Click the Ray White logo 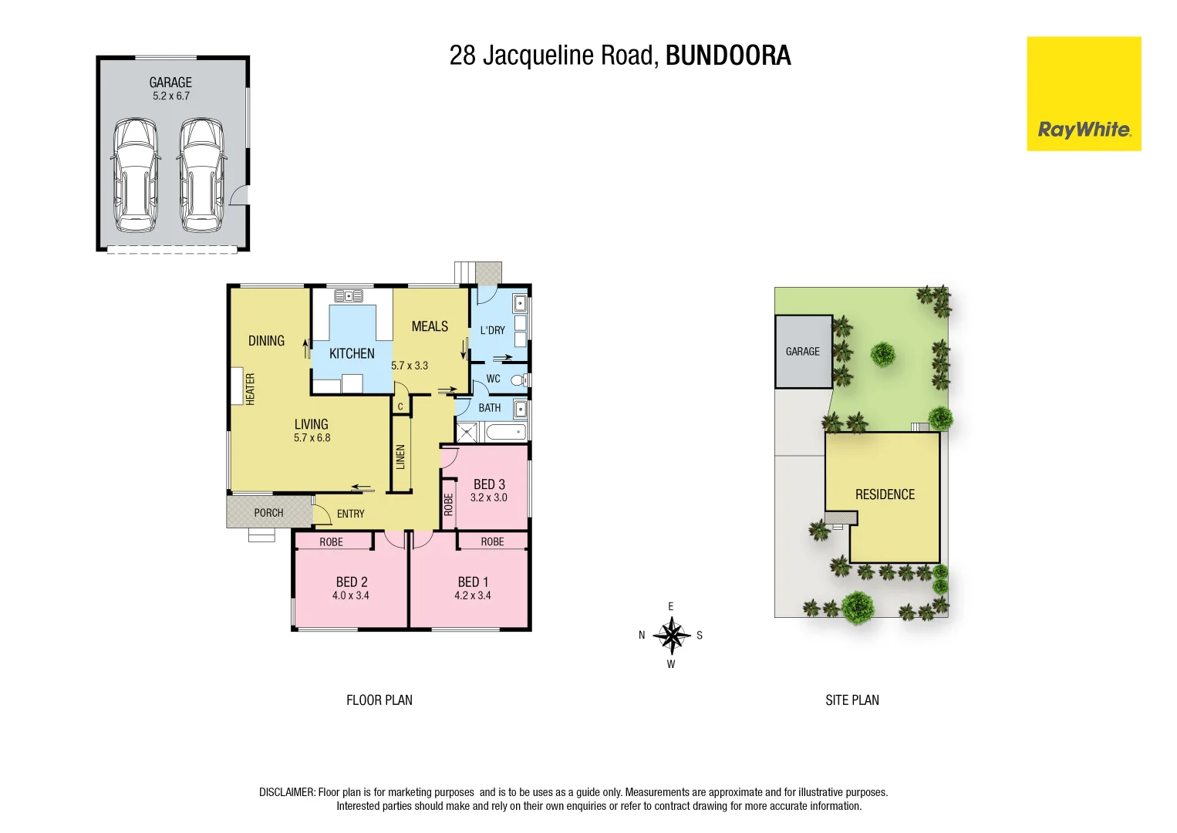pyautogui.click(x=1084, y=94)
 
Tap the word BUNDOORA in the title pyautogui.click(x=727, y=56)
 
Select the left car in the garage pyautogui.click(x=136, y=175)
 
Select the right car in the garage pyautogui.click(x=202, y=175)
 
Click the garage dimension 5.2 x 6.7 pyautogui.click(x=170, y=96)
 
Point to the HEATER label pyautogui.click(x=250, y=389)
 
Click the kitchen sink pyautogui.click(x=349, y=295)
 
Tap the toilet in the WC pyautogui.click(x=519, y=379)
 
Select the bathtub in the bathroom pyautogui.click(x=506, y=432)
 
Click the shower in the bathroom pyautogui.click(x=466, y=432)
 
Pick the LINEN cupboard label pyautogui.click(x=400, y=457)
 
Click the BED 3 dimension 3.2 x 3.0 pyautogui.click(x=489, y=497)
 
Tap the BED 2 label pyautogui.click(x=351, y=582)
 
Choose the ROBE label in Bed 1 pyautogui.click(x=492, y=541)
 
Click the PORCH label pyautogui.click(x=268, y=513)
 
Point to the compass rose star pyautogui.click(x=671, y=636)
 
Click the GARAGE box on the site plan pyautogui.click(x=803, y=352)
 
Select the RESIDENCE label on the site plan pyautogui.click(x=885, y=494)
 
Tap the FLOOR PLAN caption pyautogui.click(x=379, y=700)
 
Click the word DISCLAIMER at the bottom pyautogui.click(x=287, y=792)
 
